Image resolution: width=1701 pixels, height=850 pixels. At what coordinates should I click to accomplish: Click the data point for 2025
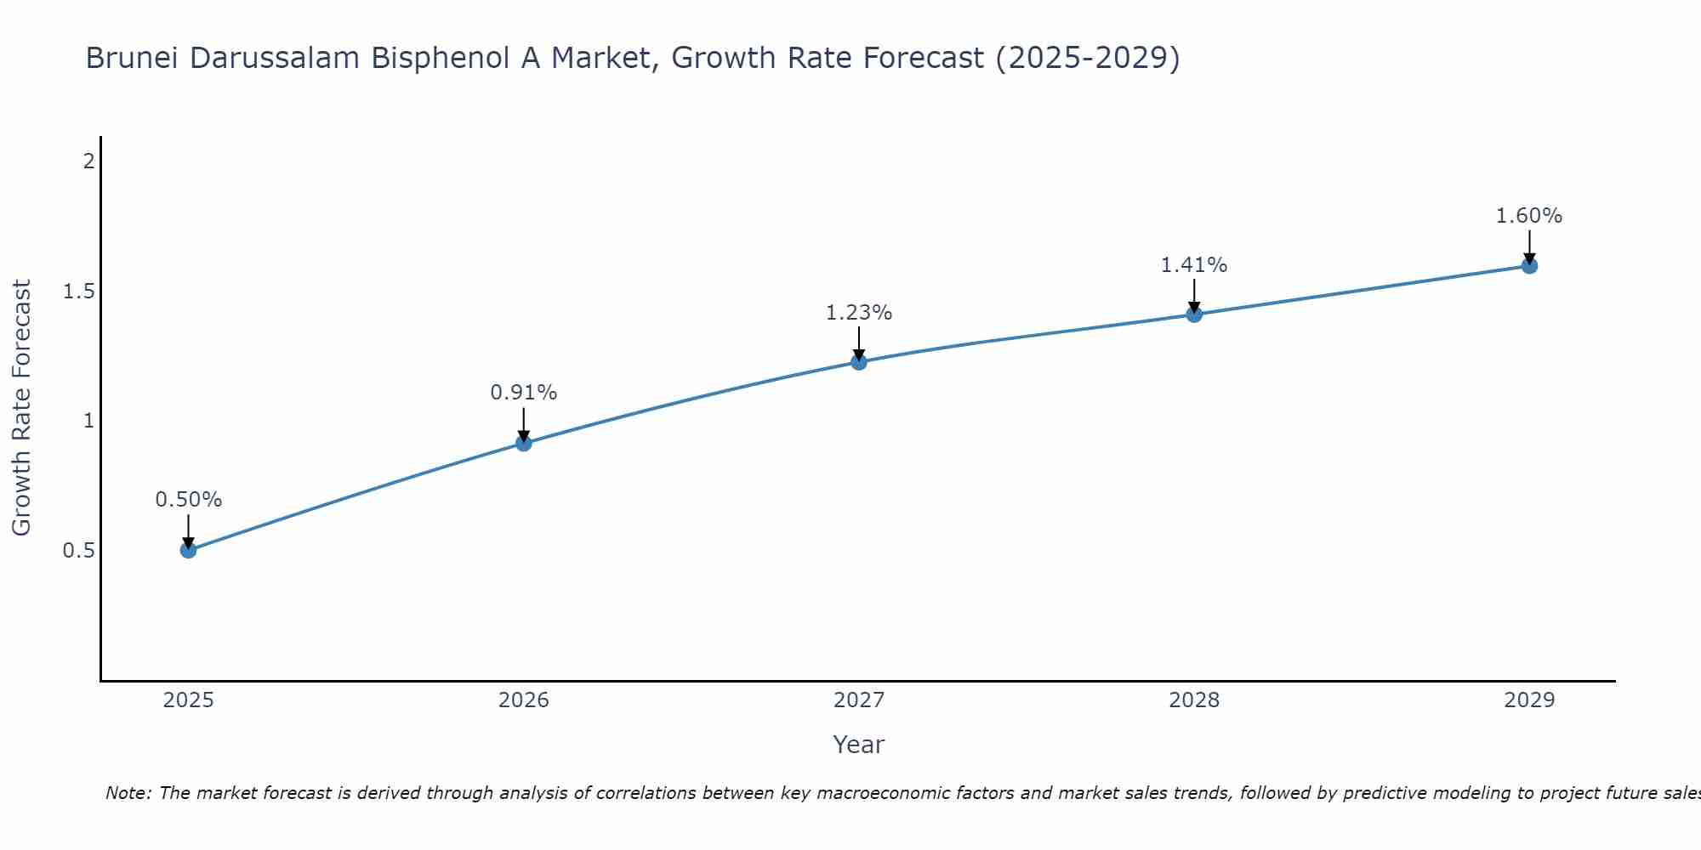[x=189, y=550]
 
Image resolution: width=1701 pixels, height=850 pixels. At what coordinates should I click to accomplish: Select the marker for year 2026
[x=524, y=443]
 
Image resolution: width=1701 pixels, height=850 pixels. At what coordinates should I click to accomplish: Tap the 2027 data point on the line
[x=859, y=362]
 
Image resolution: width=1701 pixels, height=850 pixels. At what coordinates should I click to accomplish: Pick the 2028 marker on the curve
[x=1194, y=314]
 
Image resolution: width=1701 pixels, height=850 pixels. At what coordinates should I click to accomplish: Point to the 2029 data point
[x=1529, y=266]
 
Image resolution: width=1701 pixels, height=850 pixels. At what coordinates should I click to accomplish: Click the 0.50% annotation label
[x=189, y=500]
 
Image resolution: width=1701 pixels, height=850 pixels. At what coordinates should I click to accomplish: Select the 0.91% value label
[x=524, y=393]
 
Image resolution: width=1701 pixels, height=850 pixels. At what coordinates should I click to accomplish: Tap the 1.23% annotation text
[x=859, y=313]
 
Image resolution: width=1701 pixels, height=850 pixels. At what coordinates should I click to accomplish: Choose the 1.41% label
[x=1194, y=265]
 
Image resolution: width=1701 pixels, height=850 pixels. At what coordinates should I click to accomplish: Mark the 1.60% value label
[x=1529, y=216]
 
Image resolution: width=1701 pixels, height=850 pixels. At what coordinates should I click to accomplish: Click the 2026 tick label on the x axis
[x=524, y=700]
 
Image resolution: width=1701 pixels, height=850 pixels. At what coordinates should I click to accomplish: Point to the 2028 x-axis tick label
[x=1194, y=700]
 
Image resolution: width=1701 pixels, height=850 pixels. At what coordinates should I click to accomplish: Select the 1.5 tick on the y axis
[x=78, y=292]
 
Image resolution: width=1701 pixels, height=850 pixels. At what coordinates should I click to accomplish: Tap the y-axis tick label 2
[x=88, y=161]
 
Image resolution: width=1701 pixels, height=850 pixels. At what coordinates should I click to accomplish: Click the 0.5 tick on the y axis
[x=78, y=551]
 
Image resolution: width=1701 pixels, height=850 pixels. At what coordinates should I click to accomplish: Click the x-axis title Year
[x=859, y=745]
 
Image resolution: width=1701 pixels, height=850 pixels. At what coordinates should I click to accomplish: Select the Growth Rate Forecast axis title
[x=21, y=408]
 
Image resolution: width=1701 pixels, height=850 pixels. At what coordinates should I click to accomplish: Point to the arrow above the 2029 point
[x=1529, y=246]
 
